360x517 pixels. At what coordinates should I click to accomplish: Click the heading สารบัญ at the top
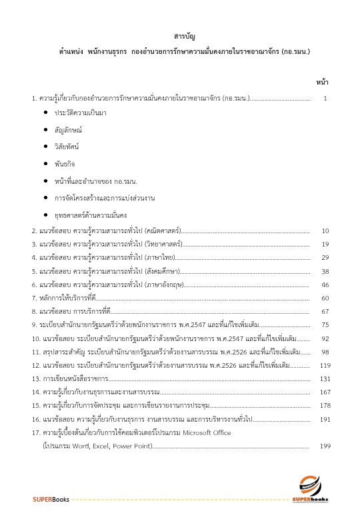coord(180,35)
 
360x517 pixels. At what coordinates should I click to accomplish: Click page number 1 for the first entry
coord(325,99)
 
